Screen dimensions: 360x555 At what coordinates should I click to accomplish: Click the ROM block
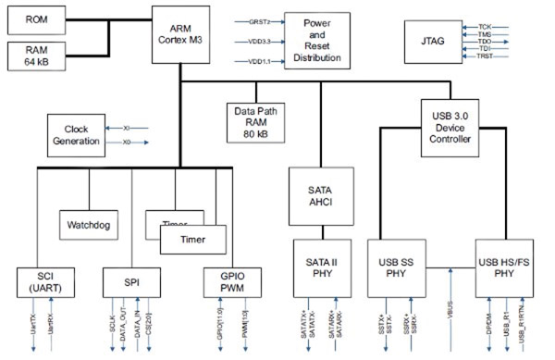point(37,19)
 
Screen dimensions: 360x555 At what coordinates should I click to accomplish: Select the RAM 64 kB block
point(37,55)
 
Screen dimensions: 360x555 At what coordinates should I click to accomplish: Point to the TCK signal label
point(485,27)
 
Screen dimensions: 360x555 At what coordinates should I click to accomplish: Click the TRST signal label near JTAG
point(486,57)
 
